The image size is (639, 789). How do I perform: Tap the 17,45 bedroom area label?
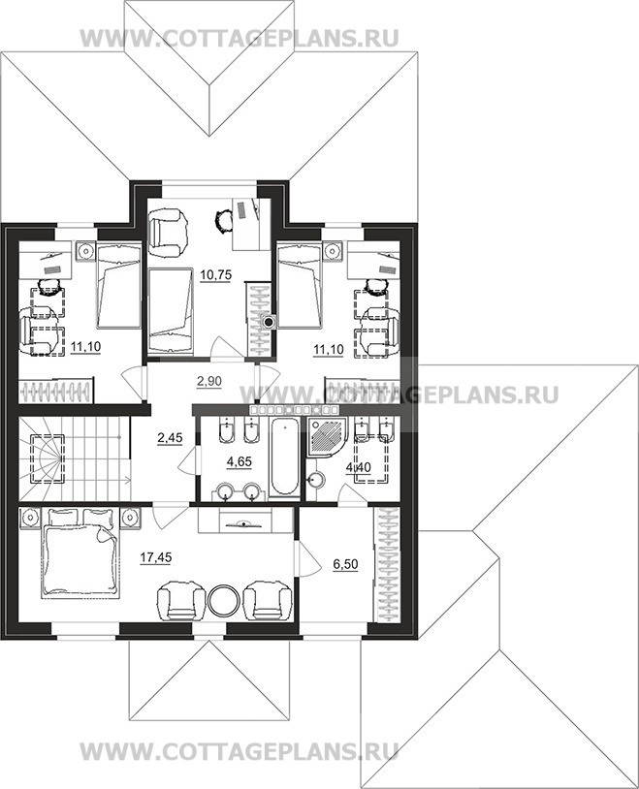point(156,557)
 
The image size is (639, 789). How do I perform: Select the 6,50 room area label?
point(345,564)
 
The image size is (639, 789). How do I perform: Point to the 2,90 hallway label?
point(209,381)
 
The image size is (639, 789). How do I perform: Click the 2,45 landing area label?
point(170,438)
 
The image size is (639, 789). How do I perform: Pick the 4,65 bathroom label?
point(240,461)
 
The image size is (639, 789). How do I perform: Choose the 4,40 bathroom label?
point(358,468)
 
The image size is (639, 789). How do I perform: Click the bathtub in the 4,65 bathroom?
point(285,458)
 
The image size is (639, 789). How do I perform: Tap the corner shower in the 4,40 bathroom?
point(328,436)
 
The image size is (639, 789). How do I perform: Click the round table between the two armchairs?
point(225,600)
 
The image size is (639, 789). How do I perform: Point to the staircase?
point(75,457)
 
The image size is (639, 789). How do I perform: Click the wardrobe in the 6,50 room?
point(388,565)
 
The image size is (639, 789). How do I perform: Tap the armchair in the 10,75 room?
point(169,232)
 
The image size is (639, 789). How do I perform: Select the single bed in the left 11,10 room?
point(118,285)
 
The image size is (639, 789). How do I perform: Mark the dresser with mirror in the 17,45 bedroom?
point(245,521)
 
